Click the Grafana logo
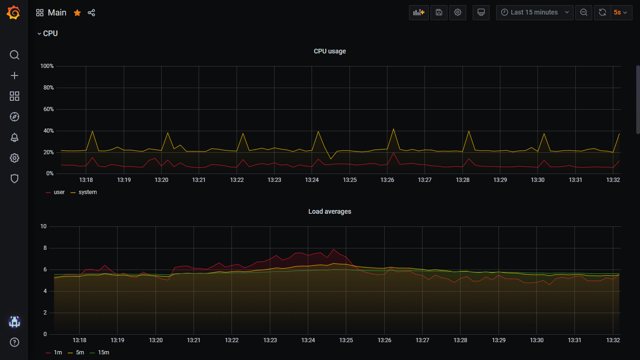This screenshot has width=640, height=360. tap(14, 13)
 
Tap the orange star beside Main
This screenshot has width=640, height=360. tap(77, 13)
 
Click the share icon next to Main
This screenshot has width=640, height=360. tap(91, 13)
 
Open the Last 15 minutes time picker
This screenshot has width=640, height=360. tap(535, 12)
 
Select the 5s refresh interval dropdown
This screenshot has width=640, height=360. tap(621, 12)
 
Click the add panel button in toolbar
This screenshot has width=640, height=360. tap(418, 12)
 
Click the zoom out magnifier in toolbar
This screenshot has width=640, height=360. tap(583, 12)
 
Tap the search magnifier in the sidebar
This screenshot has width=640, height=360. tap(14, 55)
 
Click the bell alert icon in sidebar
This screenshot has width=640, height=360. tap(14, 137)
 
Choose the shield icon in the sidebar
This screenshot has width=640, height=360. tap(14, 179)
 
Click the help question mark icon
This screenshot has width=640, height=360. tap(14, 342)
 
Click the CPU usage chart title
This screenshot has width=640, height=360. tap(330, 51)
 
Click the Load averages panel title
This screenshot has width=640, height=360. tap(330, 211)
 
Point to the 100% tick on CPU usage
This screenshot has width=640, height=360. tap(47, 66)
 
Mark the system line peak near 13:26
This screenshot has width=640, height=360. tap(394, 129)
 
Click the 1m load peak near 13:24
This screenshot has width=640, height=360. tap(334, 249)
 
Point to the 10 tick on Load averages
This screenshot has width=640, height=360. tap(44, 226)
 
